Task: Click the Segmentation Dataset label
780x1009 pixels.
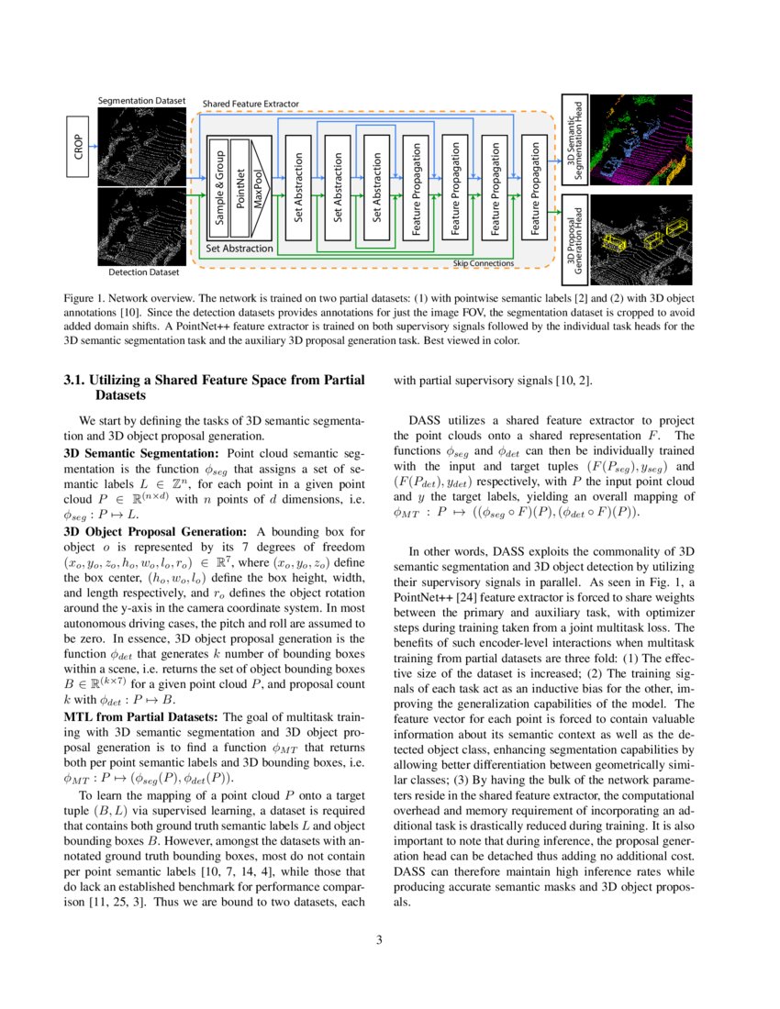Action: (141, 99)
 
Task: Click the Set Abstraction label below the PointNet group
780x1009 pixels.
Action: (239, 248)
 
